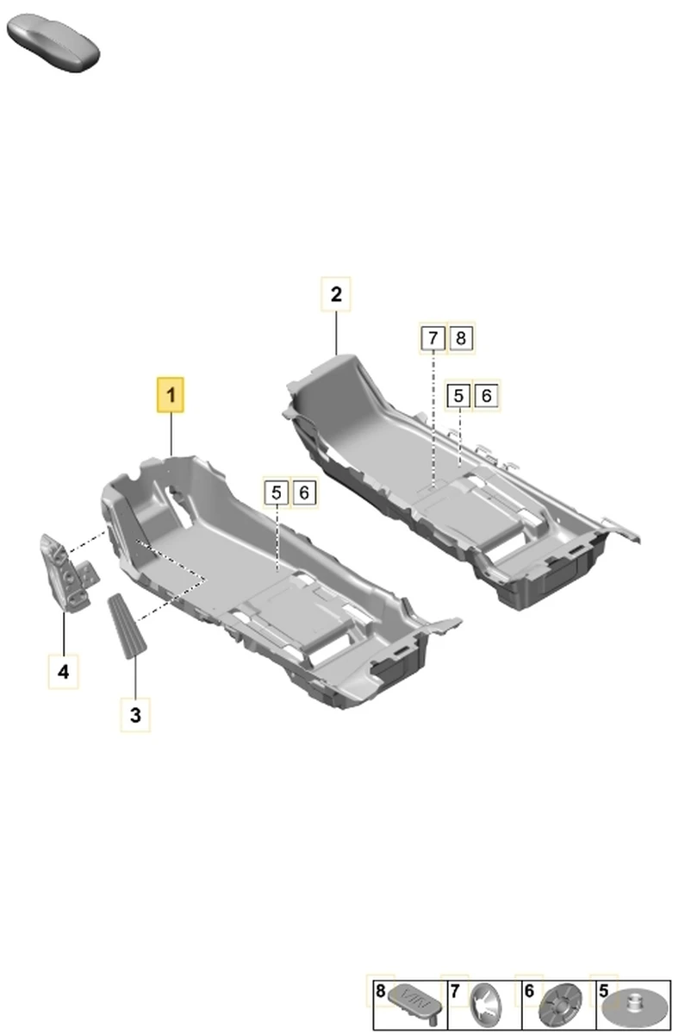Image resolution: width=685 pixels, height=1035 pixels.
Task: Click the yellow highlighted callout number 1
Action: pyautogui.click(x=171, y=395)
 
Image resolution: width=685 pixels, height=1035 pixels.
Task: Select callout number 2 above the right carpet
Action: pyautogui.click(x=336, y=294)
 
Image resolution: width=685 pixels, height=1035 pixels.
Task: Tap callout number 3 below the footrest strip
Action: pyautogui.click(x=135, y=715)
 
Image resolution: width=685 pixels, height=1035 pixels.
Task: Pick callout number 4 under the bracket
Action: pyautogui.click(x=63, y=671)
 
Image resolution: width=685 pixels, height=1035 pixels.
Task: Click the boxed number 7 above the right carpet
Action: pyautogui.click(x=433, y=338)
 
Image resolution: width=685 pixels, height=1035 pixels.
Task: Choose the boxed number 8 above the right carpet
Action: pyautogui.click(x=461, y=338)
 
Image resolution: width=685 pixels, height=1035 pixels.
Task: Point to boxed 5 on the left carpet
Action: pyautogui.click(x=277, y=492)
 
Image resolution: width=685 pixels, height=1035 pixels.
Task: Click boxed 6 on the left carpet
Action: pyautogui.click(x=304, y=492)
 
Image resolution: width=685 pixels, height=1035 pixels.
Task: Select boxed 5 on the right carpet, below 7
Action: pyautogui.click(x=458, y=396)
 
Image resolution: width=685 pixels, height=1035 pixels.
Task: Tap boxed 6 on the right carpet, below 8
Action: pyautogui.click(x=487, y=396)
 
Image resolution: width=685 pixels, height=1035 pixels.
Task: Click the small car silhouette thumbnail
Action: pyautogui.click(x=53, y=43)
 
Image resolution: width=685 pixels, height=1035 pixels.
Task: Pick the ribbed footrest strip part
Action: pyautogui.click(x=127, y=626)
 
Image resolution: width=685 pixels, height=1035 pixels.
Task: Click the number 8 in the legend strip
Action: pyautogui.click(x=380, y=991)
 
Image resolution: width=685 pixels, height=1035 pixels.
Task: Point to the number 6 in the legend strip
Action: pyautogui.click(x=529, y=991)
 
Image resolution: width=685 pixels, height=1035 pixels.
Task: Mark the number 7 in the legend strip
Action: pyautogui.click(x=455, y=991)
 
